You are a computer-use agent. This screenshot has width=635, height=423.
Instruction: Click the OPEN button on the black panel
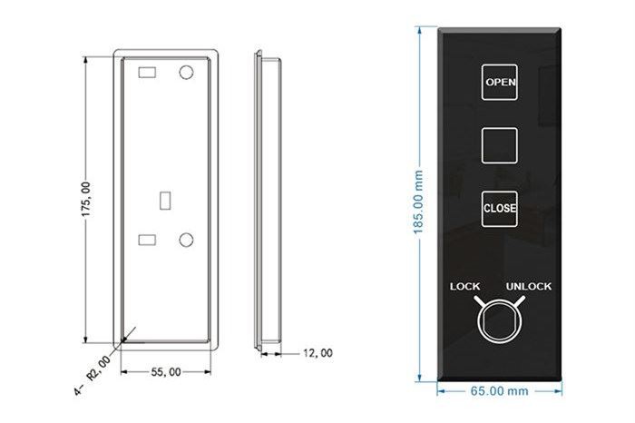pos(499,83)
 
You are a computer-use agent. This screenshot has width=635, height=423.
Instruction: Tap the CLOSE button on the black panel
pos(499,209)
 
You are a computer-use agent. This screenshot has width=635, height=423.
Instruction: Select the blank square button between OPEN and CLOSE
pos(499,145)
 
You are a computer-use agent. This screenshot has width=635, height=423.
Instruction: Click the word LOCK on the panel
pos(464,287)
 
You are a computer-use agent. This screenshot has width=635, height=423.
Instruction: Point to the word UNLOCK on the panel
pos(529,287)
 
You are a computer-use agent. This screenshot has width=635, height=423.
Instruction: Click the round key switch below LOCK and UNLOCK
pos(499,321)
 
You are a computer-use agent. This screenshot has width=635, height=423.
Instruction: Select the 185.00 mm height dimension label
pos(418,202)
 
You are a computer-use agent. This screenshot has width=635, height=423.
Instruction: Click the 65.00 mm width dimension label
pos(499,391)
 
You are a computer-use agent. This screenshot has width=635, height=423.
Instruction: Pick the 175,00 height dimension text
pos(86,200)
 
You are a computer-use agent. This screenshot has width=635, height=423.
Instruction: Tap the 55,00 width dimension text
pos(166,371)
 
